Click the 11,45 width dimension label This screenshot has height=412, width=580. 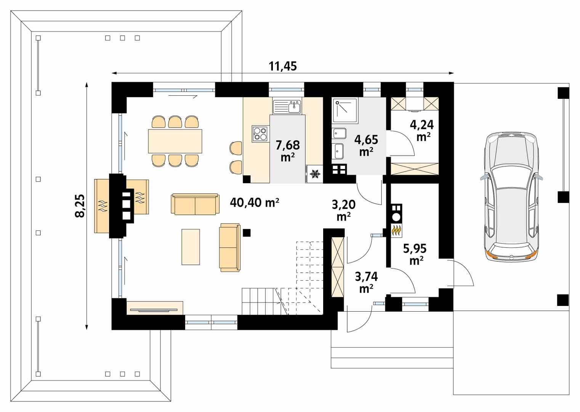pos(282,66)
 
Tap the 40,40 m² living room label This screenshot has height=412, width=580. pos(255,203)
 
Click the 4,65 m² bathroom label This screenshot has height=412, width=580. pos(366,145)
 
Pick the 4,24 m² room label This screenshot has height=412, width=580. pos(421,130)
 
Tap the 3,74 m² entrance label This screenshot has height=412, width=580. pos(366,282)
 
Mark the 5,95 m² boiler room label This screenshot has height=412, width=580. pos(415,254)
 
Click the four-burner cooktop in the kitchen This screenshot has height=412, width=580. pos(260,134)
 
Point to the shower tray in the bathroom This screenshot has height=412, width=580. pos(345,111)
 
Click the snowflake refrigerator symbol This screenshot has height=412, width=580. pos(314,174)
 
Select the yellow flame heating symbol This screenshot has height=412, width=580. pos(397,230)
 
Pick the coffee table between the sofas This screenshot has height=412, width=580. pos(191,246)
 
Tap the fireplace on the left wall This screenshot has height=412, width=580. pos(122,206)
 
